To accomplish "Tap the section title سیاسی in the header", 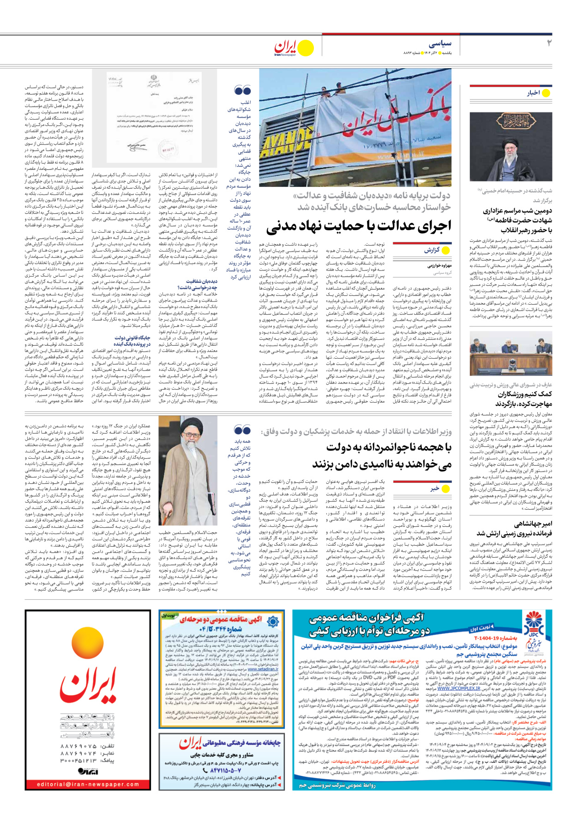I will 439,44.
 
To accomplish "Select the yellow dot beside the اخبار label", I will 546,93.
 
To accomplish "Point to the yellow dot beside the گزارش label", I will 445,250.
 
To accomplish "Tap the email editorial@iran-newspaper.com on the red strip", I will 88,784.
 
